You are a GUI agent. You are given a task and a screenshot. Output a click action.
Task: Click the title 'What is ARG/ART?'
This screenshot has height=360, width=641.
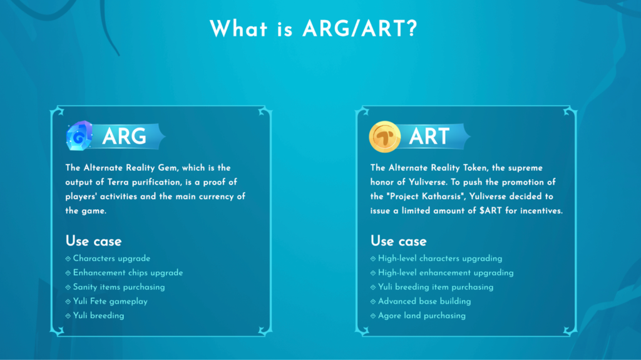pos(314,29)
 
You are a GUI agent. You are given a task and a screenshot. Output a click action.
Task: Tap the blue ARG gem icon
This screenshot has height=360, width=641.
pos(79,136)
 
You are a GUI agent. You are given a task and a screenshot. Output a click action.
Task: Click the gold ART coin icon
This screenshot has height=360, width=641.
pos(385,136)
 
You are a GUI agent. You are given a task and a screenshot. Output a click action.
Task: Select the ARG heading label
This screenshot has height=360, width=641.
pos(124,136)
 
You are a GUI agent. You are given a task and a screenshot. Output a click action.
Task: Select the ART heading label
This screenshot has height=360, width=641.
pos(429,136)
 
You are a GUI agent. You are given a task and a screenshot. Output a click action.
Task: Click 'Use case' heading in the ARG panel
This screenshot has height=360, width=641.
pos(94,241)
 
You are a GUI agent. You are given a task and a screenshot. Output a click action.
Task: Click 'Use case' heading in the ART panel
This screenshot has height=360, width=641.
pos(399,241)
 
